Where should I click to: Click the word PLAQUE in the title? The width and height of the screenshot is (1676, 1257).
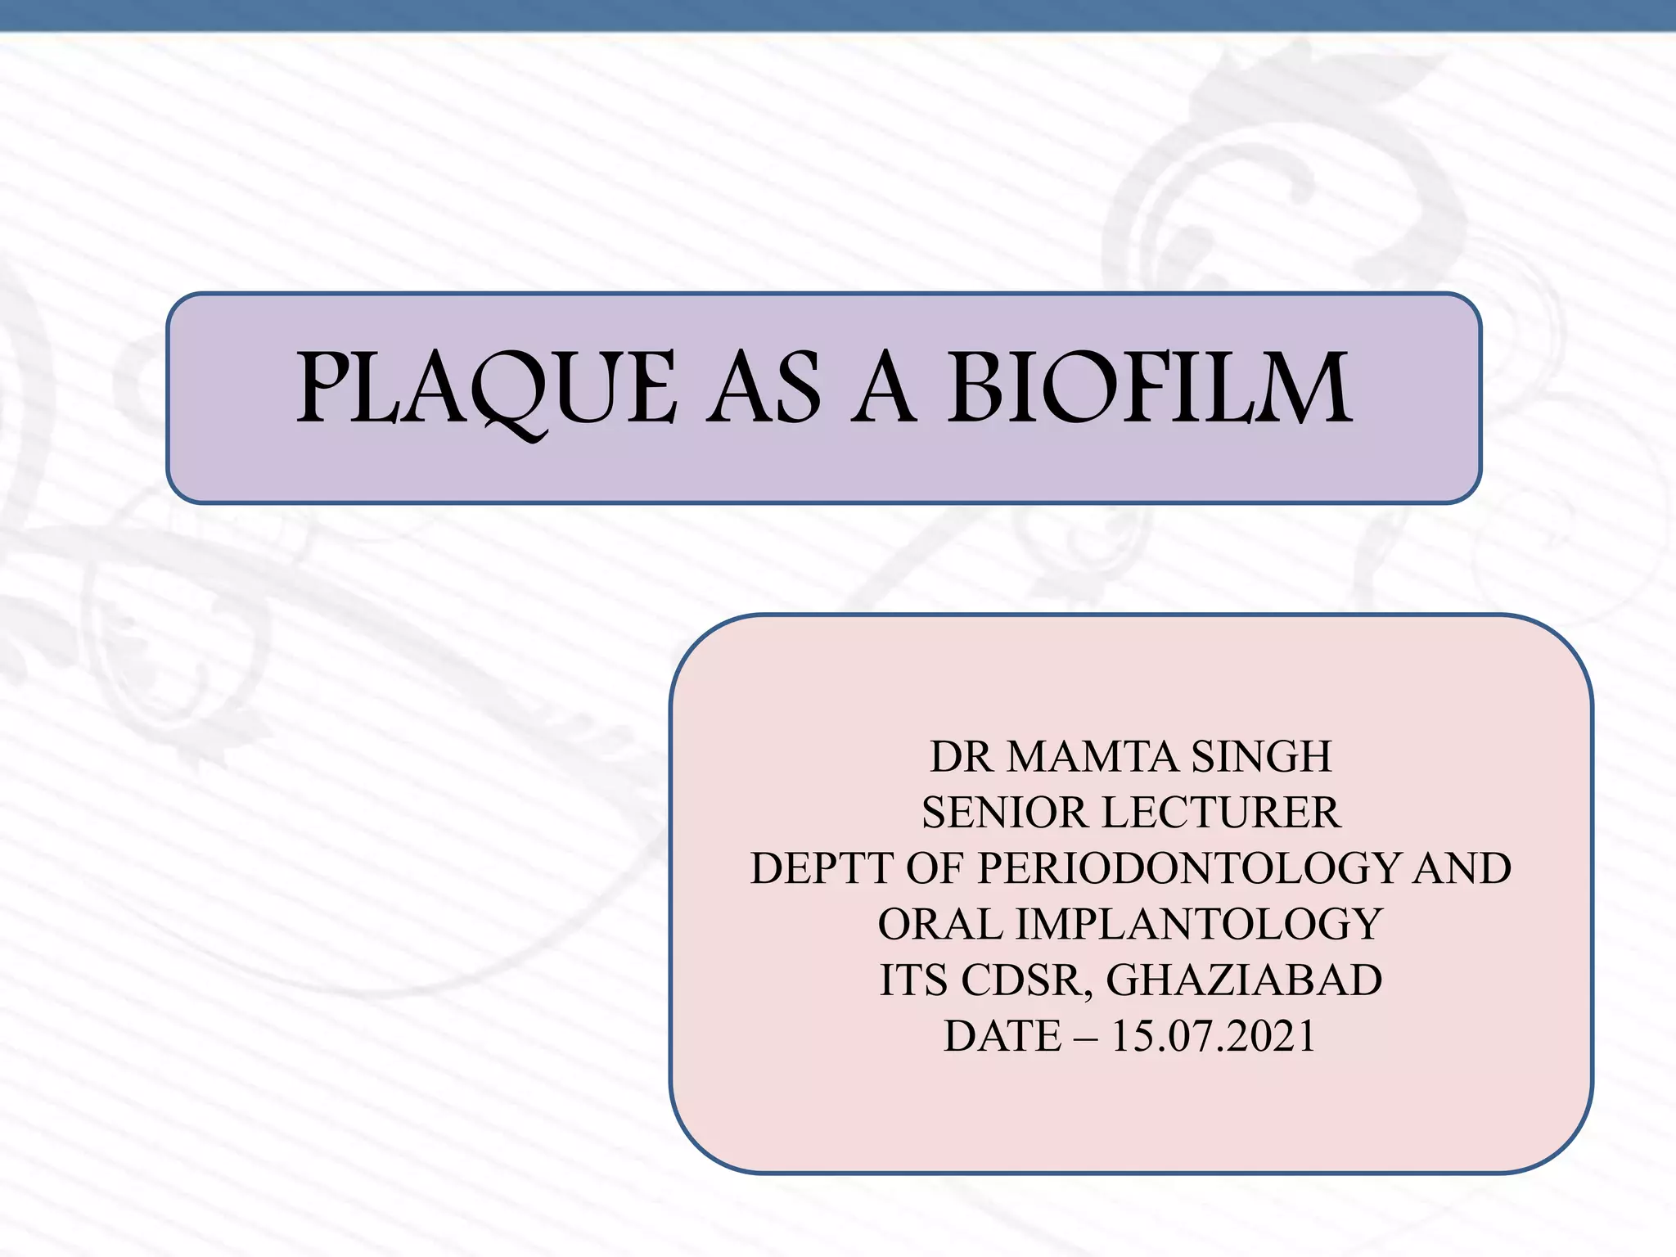(x=486, y=390)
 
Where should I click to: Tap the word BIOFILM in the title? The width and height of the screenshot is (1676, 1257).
(x=1150, y=388)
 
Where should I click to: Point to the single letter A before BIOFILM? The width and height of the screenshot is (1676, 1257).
(x=883, y=390)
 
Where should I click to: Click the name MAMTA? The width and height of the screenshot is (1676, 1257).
(x=1094, y=756)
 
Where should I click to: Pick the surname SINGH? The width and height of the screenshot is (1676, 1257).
(x=1261, y=756)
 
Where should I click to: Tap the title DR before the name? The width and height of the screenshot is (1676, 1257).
(x=961, y=756)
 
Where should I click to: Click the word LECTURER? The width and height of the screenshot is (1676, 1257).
(x=1221, y=813)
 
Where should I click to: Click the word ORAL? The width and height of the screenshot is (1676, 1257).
(x=939, y=925)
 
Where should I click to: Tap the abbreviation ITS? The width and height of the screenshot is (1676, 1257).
(x=913, y=980)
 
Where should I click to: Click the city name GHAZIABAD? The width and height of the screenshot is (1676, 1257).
(x=1244, y=980)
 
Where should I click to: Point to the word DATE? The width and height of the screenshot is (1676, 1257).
(x=1002, y=1036)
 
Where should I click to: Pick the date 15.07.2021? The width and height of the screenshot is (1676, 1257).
(x=1214, y=1036)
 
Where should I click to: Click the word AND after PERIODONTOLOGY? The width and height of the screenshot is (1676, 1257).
(x=1462, y=868)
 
